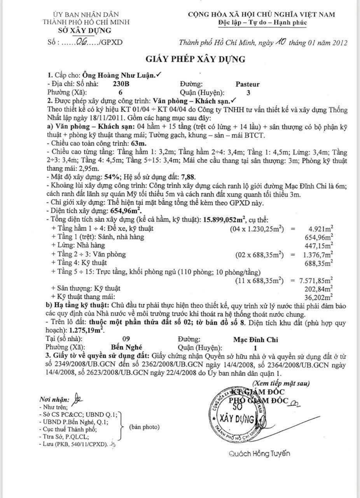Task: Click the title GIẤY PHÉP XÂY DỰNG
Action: pyautogui.click(x=196, y=59)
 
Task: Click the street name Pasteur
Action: pyautogui.click(x=247, y=84)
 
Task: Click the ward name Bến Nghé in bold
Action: pyautogui.click(x=126, y=347)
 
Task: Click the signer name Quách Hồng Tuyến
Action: pyautogui.click(x=259, y=454)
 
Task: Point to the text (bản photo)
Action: pyautogui.click(x=145, y=427)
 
